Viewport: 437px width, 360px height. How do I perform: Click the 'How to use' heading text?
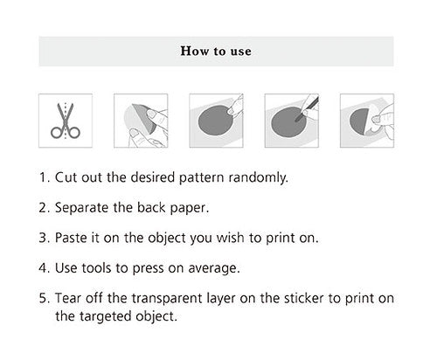coord(216,52)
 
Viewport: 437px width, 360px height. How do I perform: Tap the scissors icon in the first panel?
coord(66,121)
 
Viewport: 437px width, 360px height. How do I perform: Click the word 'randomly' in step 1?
coord(258,177)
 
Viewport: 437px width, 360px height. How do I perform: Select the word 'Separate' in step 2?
coord(81,208)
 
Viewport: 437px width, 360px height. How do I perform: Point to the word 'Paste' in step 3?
coord(71,238)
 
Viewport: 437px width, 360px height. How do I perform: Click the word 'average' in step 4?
coord(213,268)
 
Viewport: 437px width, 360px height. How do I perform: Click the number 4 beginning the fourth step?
coord(43,268)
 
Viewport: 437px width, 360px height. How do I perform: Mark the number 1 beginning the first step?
coord(43,177)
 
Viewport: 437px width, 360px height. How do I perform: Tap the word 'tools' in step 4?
coord(96,268)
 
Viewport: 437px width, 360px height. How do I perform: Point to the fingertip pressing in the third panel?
coord(232,110)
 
